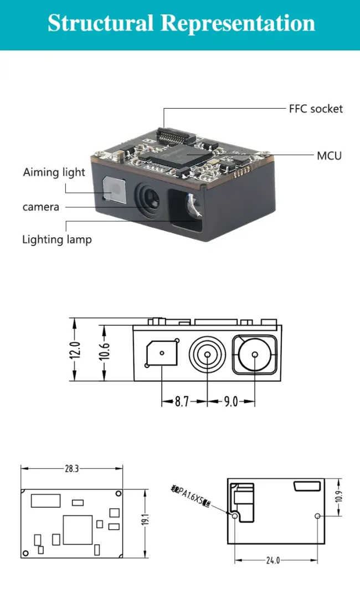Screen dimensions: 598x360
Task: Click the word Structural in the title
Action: (x=100, y=23)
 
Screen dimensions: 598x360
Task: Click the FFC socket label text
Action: (x=316, y=109)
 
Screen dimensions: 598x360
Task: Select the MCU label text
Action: (x=329, y=156)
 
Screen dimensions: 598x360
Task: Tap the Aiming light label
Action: (x=54, y=172)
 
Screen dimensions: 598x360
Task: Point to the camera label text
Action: (x=40, y=207)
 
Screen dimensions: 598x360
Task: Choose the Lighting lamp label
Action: (x=56, y=239)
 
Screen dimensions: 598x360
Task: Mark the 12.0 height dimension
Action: (x=76, y=350)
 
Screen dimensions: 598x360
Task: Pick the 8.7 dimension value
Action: (x=182, y=402)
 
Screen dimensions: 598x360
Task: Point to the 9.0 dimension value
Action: (x=230, y=402)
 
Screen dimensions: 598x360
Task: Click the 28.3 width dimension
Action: (x=71, y=468)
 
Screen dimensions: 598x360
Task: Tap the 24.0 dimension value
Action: (x=272, y=560)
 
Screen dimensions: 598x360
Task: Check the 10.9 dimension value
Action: (x=338, y=497)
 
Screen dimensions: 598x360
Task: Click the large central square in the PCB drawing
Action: (x=78, y=529)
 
